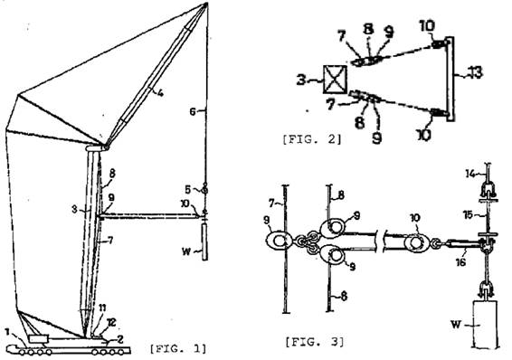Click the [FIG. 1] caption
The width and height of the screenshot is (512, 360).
178,348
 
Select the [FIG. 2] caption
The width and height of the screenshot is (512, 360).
312,139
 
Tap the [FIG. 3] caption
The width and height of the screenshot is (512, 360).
315,342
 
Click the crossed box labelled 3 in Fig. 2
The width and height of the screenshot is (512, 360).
335,80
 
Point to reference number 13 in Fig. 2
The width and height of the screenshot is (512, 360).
475,72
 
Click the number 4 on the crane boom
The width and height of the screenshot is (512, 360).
160,93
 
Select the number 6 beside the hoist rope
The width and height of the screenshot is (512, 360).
193,112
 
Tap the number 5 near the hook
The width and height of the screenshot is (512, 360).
187,189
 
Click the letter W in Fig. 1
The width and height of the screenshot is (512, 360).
186,251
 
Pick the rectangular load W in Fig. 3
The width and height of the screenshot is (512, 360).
486,324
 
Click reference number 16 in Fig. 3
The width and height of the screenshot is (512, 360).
460,261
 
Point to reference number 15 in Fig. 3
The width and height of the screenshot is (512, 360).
468,215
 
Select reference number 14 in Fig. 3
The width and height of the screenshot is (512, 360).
470,174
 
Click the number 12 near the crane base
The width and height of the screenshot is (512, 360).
111,323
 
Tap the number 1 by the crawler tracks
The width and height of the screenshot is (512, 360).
7,332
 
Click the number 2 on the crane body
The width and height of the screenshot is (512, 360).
119,339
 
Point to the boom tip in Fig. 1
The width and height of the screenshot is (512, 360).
206,4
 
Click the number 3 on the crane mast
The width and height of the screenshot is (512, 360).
75,209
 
